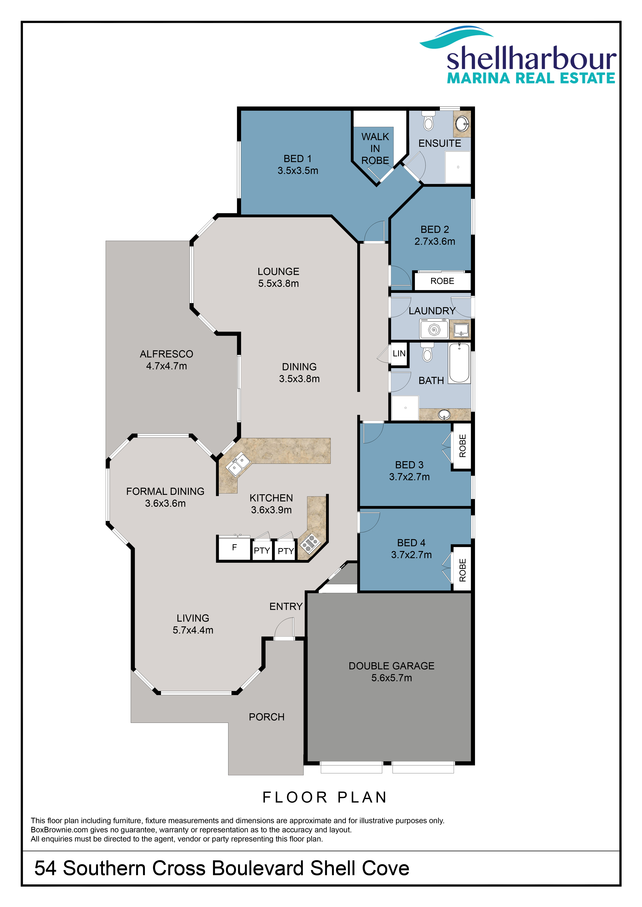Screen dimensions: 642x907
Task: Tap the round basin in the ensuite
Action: coord(462,124)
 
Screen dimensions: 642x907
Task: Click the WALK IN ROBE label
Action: coord(375,149)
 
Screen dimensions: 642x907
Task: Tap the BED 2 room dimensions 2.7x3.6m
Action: coord(435,241)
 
